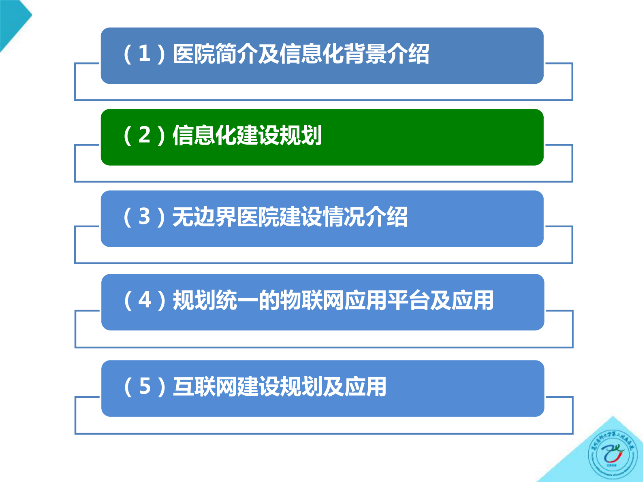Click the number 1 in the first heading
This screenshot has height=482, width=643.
(144, 53)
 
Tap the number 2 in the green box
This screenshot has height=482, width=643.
(144, 135)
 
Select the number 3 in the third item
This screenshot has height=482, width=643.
(144, 216)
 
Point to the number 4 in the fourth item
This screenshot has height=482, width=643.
(145, 300)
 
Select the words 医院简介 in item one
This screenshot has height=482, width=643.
(215, 53)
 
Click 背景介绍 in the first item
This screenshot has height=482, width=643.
(387, 53)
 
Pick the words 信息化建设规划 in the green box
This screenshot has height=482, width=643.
(247, 135)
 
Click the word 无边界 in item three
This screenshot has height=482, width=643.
(204, 216)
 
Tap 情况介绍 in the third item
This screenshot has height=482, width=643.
(365, 216)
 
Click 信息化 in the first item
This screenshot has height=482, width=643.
(312, 53)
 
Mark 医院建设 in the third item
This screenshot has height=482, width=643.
(279, 216)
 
